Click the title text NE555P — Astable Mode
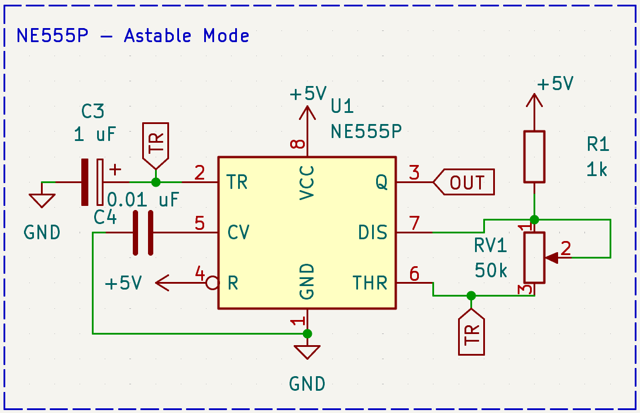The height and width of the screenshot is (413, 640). pos(133,36)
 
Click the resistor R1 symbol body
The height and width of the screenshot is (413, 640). pos(534,156)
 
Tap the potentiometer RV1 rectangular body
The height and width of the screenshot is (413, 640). pos(534,257)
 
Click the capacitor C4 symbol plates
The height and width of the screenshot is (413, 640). pos(143,233)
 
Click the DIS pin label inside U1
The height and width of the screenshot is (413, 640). pos(373,233)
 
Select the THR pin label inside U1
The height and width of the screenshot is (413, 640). pos(370,284)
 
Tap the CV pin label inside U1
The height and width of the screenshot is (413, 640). pos(239,233)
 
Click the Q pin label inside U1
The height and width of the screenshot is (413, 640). pos(381,183)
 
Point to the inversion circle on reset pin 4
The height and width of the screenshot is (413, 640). pos(213,284)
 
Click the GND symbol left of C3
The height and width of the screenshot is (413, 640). pos(42,199)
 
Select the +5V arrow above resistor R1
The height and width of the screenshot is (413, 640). pos(534,102)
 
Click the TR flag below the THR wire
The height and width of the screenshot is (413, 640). pos(471,333)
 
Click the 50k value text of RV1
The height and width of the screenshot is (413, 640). pos(490,270)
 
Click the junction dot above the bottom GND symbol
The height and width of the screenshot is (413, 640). pos(307,333)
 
